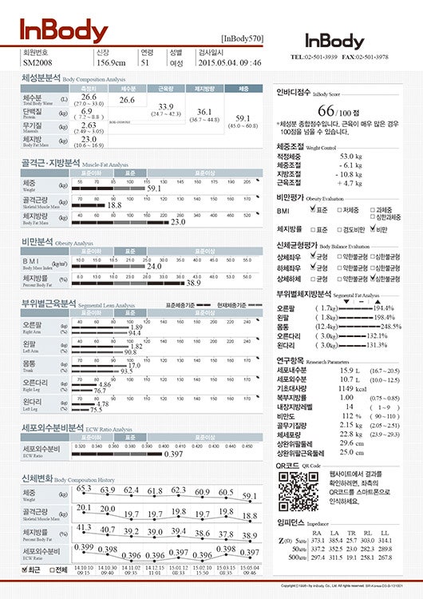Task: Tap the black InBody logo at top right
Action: [x=334, y=41]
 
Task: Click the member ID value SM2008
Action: [x=38, y=61]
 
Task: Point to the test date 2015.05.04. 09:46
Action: [x=229, y=61]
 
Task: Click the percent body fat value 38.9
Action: [x=193, y=283]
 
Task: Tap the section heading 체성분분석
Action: [x=41, y=79]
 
